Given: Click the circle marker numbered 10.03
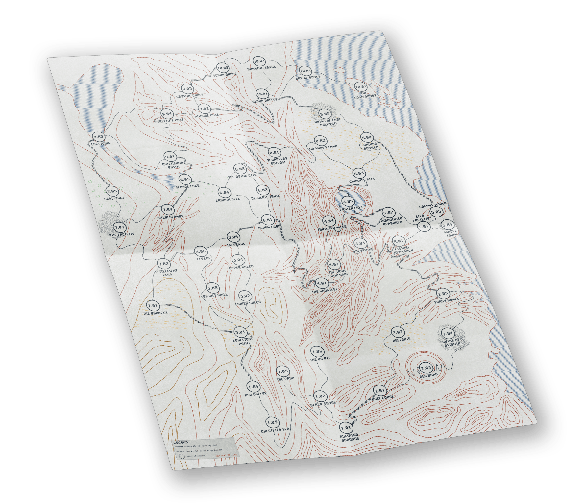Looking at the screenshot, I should click(x=223, y=68).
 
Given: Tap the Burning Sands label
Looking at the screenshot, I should click(x=261, y=68).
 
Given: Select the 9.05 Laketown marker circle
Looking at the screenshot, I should click(x=98, y=137).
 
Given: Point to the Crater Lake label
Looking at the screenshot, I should click(x=352, y=208).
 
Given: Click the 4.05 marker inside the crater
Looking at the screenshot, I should click(x=348, y=202).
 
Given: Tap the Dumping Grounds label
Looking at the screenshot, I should click(x=350, y=437).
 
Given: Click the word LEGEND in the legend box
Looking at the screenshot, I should click(x=181, y=443).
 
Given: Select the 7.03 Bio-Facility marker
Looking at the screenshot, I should click(x=119, y=227).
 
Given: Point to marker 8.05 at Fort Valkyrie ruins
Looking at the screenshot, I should click(x=325, y=114).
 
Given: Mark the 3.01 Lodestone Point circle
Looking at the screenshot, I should click(x=240, y=332).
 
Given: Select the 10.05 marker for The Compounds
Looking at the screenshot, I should click(x=360, y=87).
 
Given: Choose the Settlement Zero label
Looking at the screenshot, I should click(x=166, y=273).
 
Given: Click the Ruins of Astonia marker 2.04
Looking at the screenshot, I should click(x=448, y=333).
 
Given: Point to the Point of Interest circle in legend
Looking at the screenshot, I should click(x=181, y=457).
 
